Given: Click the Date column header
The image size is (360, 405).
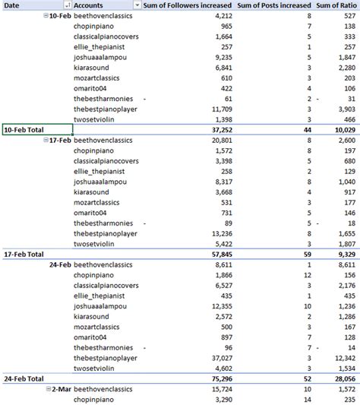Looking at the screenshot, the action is click(x=14, y=5).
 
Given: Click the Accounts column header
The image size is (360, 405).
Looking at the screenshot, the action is click(x=90, y=5).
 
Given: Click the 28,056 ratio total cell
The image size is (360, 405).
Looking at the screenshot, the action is click(x=342, y=378).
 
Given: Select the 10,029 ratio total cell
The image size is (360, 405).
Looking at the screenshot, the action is click(x=342, y=130).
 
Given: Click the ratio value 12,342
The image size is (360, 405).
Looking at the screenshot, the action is click(x=342, y=358).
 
